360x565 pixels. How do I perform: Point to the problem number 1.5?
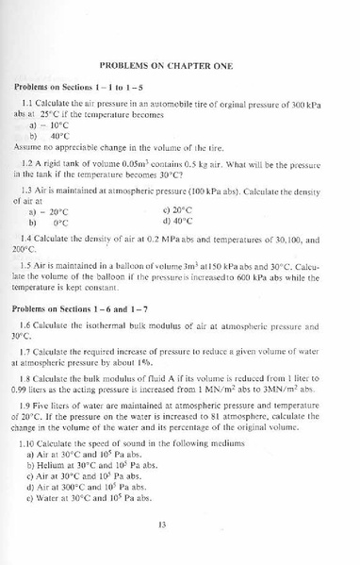[28, 264]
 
